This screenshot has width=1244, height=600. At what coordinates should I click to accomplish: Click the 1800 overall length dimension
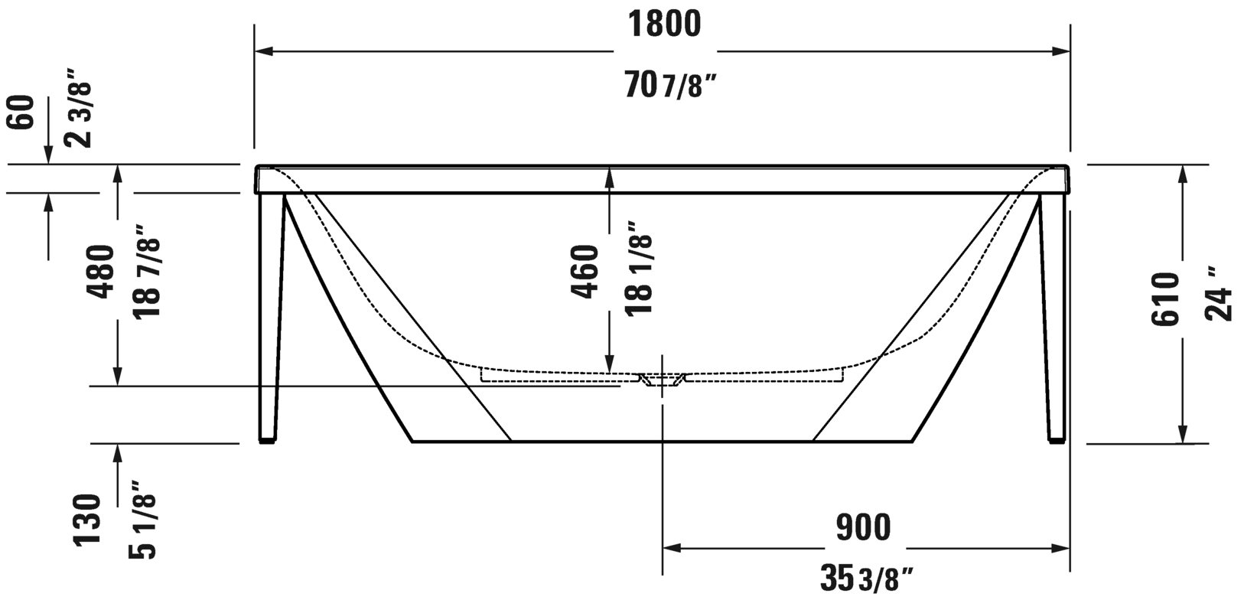(x=664, y=24)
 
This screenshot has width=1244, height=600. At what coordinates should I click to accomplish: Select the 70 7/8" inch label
(x=671, y=85)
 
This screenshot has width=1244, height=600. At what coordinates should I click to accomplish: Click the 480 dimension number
(x=101, y=272)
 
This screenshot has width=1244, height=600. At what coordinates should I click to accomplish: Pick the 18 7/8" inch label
(x=148, y=272)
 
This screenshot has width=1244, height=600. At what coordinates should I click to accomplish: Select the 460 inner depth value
(x=585, y=272)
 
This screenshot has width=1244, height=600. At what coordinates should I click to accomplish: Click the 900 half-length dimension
(x=863, y=527)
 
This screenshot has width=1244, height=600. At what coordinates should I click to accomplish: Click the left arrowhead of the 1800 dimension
(x=263, y=51)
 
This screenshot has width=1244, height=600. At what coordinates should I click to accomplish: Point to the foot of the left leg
(x=267, y=440)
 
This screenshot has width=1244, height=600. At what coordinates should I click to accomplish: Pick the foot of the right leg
(x=1056, y=440)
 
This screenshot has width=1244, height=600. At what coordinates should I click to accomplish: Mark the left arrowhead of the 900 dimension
(x=671, y=548)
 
